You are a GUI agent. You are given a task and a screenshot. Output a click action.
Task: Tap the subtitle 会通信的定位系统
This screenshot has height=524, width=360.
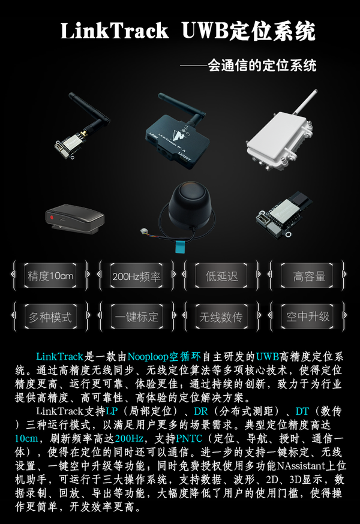(x=262, y=65)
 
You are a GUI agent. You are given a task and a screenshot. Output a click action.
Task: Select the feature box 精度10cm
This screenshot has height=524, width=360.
(x=50, y=276)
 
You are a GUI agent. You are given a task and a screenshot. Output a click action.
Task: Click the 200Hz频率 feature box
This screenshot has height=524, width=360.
(x=136, y=276)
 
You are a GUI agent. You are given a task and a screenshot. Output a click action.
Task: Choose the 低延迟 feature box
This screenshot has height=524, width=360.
(x=222, y=276)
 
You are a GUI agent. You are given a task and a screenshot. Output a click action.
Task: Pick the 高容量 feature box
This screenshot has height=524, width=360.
(x=308, y=276)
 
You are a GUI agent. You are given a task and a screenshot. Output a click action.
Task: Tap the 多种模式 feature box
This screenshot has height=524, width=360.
(x=50, y=317)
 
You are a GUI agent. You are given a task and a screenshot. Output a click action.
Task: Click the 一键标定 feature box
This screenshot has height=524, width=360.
(x=136, y=317)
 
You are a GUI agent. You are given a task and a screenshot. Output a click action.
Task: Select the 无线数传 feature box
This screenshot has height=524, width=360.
(x=222, y=317)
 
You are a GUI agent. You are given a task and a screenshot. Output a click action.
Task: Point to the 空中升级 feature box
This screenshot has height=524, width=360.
(x=308, y=317)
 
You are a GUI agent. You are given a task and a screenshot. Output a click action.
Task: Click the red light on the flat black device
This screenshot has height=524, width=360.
(x=52, y=216)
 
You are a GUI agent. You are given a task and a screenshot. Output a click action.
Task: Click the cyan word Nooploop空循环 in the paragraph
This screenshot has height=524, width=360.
(x=157, y=357)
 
